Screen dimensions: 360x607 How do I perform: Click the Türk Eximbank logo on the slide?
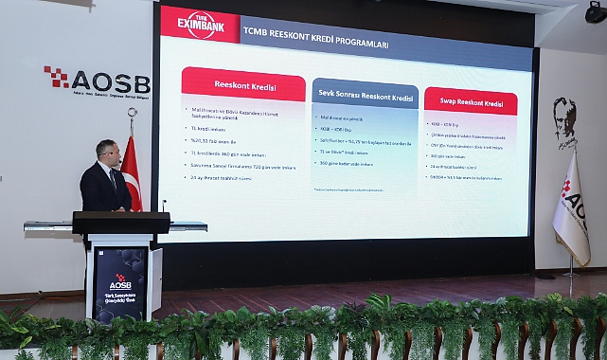(x=200, y=24)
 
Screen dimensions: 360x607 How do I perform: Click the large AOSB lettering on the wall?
(x=110, y=81)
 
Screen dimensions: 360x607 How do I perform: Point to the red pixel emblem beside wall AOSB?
(x=56, y=77)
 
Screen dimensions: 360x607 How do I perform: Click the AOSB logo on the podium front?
(x=120, y=282)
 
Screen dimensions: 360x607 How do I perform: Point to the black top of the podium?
(x=121, y=223)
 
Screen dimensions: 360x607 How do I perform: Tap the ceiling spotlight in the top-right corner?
(x=596, y=12)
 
